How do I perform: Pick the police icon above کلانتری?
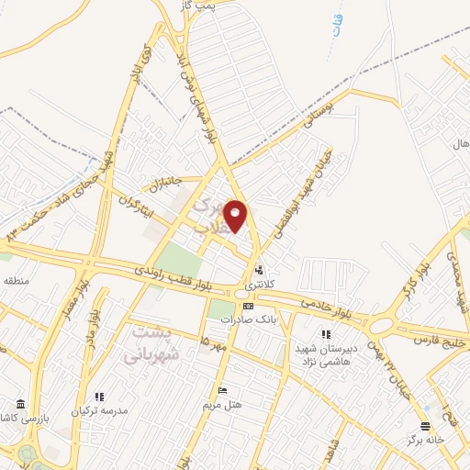pyautogui.click(x=260, y=270)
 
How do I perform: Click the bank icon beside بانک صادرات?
pyautogui.click(x=247, y=306)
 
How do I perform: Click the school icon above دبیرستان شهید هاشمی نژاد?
pyautogui.click(x=324, y=335)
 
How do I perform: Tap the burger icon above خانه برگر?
pyautogui.click(x=423, y=425)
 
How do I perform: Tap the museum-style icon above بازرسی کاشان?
pyautogui.click(x=20, y=404)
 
